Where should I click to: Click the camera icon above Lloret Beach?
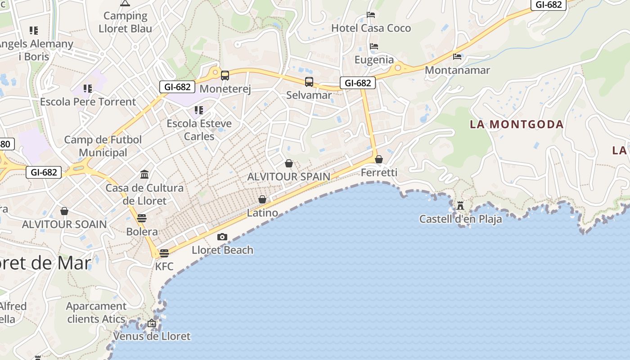tap(222, 237)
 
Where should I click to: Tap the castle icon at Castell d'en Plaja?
tap(460, 206)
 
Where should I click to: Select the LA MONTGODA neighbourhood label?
tap(517, 125)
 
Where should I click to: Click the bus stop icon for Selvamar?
tap(309, 82)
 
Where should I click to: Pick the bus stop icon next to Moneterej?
tap(225, 76)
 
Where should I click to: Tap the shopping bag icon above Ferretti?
tap(379, 159)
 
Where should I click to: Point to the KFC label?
tap(164, 266)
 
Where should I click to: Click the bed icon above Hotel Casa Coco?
tap(371, 15)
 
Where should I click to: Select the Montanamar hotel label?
tap(457, 70)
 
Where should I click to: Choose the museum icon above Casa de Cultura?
tap(144, 174)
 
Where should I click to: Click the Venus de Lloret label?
tap(152, 336)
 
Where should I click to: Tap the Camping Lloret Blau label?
tap(125, 22)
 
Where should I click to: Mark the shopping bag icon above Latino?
tap(262, 199)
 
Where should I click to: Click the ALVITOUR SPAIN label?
tap(288, 177)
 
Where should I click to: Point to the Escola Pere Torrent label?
tap(88, 102)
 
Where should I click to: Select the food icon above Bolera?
tap(142, 218)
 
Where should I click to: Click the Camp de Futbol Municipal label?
tap(103, 146)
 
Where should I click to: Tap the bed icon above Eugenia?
tap(374, 46)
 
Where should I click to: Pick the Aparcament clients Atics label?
tap(96, 312)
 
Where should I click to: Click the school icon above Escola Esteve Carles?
tap(198, 110)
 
